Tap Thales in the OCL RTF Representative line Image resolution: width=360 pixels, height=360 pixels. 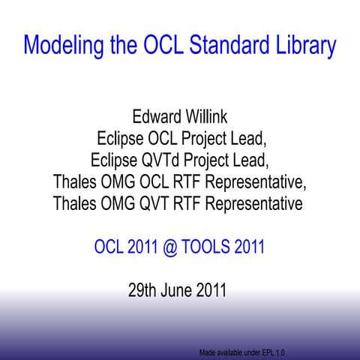click(77, 182)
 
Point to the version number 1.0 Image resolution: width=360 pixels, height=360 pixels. click(279, 352)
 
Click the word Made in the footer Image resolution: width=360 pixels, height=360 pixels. click(208, 352)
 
